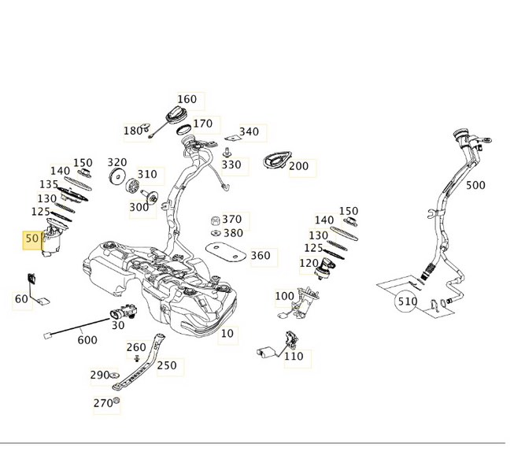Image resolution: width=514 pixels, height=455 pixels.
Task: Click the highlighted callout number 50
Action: (31, 239)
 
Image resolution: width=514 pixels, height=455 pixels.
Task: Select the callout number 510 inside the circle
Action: (406, 301)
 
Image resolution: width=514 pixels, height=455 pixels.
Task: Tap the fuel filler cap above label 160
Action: (178, 116)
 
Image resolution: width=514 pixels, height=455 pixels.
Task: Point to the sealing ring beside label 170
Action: (184, 129)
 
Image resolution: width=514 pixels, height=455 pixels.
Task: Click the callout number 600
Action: (87, 340)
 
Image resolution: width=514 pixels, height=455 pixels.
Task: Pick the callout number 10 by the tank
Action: (227, 334)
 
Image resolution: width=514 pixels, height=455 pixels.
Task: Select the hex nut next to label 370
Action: (215, 220)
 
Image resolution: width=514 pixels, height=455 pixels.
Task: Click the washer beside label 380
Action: (216, 233)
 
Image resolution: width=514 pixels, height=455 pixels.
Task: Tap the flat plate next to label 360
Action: (226, 252)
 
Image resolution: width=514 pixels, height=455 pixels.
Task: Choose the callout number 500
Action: (475, 185)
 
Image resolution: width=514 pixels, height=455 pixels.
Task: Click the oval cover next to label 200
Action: (277, 160)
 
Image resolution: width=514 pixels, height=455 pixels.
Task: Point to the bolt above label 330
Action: (226, 152)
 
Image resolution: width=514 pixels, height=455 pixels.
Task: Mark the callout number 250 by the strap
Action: (167, 365)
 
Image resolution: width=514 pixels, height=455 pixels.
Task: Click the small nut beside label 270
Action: (116, 400)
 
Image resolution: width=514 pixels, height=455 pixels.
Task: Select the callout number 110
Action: (294, 356)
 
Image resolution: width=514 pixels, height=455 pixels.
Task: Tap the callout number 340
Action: (250, 131)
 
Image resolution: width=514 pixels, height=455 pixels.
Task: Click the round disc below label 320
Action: (116, 176)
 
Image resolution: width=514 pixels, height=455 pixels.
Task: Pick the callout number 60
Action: (21, 298)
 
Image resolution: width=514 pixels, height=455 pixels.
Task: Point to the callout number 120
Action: (309, 263)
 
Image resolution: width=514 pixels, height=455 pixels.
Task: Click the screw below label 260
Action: (137, 358)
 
